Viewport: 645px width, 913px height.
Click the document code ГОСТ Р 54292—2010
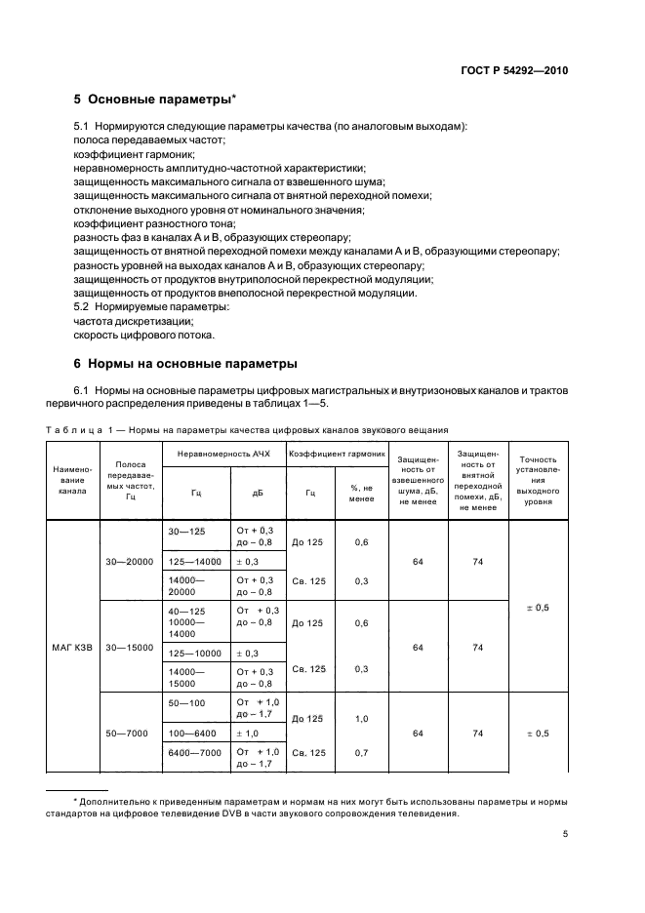(x=514, y=71)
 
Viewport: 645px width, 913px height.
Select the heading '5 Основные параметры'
(x=156, y=99)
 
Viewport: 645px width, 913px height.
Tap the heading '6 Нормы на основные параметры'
(x=185, y=365)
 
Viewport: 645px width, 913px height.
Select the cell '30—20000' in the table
(x=131, y=562)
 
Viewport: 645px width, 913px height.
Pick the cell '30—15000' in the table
(x=131, y=647)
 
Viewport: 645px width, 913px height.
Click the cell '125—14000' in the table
(x=194, y=562)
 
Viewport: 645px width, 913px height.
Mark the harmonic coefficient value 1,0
(x=362, y=719)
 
